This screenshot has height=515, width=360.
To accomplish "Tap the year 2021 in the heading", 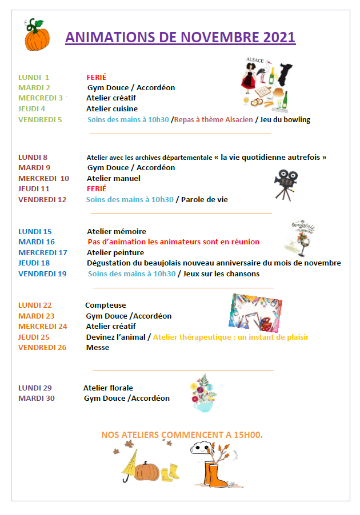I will [279, 38].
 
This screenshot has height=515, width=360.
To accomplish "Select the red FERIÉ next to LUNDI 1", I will [97, 77].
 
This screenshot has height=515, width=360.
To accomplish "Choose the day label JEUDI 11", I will [34, 188].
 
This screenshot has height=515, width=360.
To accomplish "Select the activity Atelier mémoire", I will [116, 231].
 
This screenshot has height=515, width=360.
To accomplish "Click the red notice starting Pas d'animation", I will [173, 242].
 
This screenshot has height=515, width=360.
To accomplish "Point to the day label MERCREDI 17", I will [43, 252].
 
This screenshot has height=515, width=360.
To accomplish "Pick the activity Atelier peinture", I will [115, 252].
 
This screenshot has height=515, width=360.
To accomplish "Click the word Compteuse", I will [105, 305].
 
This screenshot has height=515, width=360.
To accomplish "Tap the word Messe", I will [97, 347].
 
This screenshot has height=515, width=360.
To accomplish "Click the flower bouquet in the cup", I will [204, 392].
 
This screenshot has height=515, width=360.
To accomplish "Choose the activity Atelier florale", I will [108, 388].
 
